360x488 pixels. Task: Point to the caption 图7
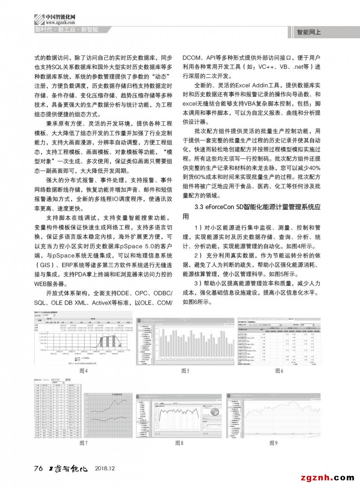pos(83,443)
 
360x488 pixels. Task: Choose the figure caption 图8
pos(179,443)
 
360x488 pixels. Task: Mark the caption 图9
pos(274,443)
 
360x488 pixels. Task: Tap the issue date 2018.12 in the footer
pos(106,469)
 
